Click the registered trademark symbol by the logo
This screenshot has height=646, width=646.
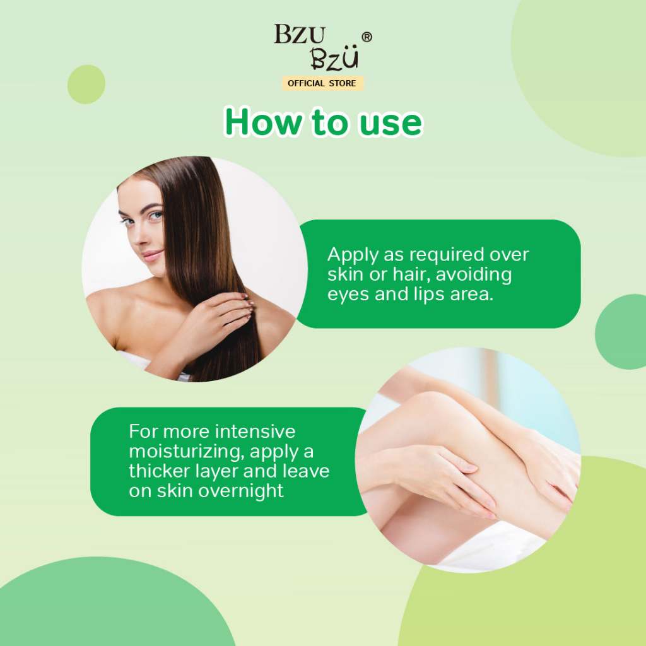[x=367, y=37]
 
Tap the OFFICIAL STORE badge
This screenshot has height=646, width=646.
[x=322, y=83]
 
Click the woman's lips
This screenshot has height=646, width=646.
[x=152, y=255]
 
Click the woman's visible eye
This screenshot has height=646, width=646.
[x=155, y=215]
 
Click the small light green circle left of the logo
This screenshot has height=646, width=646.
[x=86, y=84]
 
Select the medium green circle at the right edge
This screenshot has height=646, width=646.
[x=621, y=331]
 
